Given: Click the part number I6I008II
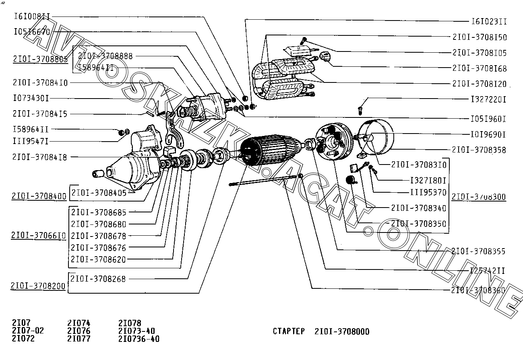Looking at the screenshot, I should coord(32,16).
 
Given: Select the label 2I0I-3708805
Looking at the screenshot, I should coord(40,59).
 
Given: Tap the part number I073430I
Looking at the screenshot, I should coord(31,98).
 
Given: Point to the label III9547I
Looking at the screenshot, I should coord(31,141).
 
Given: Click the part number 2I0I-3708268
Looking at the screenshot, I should coord(98,279).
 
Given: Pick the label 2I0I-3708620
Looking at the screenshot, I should coord(98,259).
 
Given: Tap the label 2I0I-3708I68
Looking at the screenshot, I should coord(479,68).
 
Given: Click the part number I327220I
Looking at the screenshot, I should coord(488,99).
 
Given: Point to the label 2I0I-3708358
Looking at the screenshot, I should coord(479,150).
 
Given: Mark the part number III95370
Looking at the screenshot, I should coord(428,192).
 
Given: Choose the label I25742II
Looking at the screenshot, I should coord(487,270).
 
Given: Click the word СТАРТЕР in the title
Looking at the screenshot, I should coord(289,332).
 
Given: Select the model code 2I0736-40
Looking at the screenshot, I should coord(139,339).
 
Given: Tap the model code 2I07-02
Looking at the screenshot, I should coord(28,331).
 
